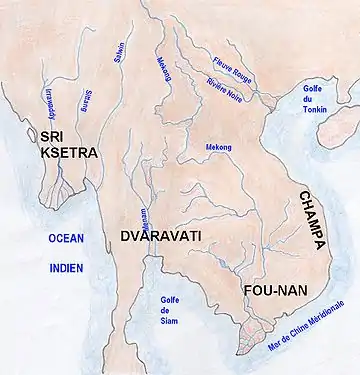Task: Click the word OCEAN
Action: (x=64, y=238)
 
